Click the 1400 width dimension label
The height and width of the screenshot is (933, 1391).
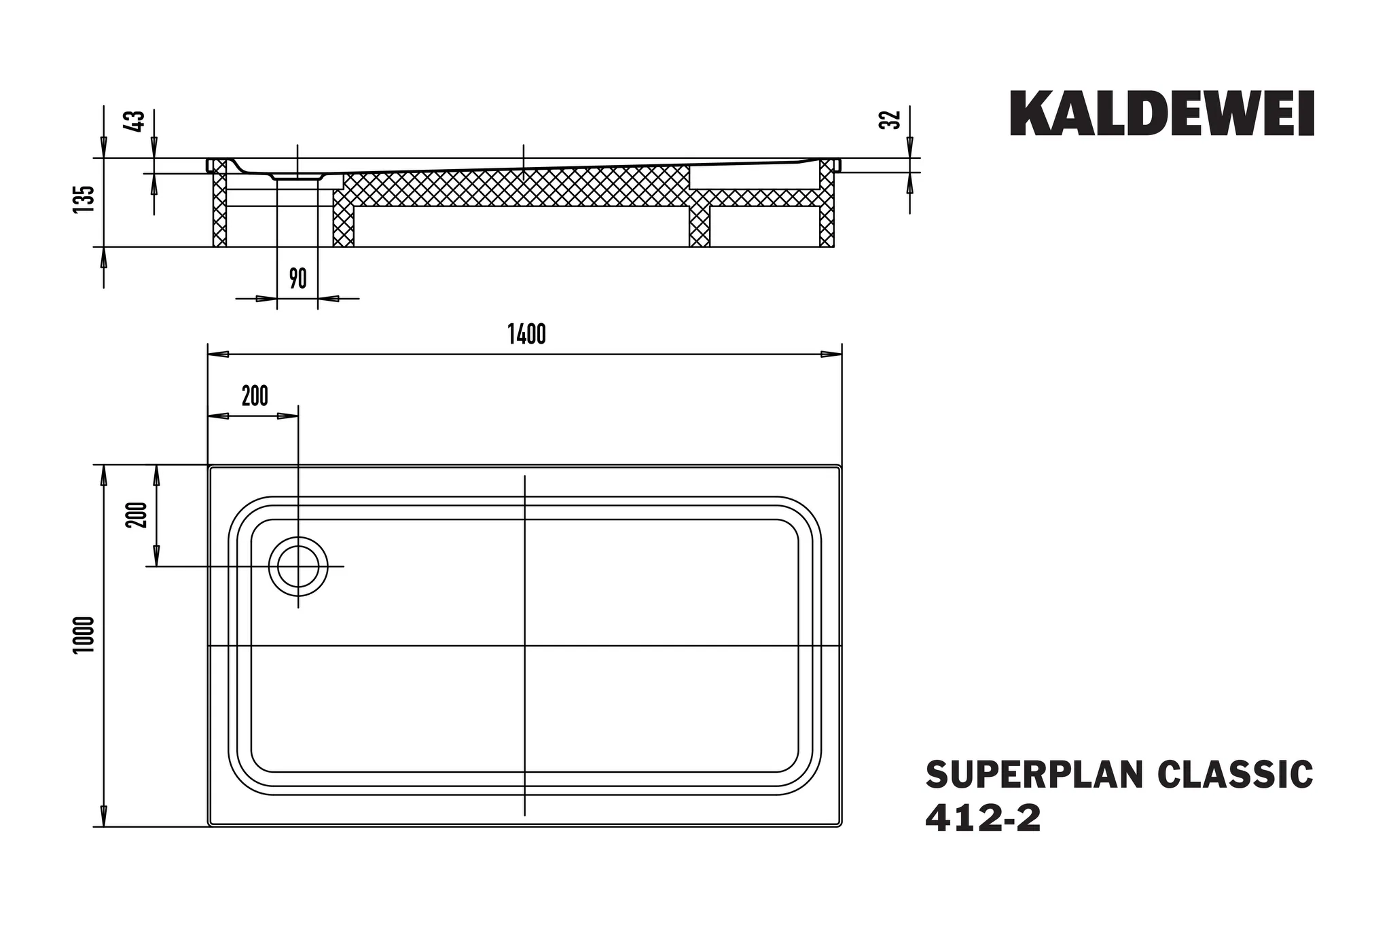(526, 335)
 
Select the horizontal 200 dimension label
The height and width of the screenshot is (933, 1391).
(255, 395)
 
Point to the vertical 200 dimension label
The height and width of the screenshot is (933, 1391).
(137, 515)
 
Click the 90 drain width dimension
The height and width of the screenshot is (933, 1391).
(297, 278)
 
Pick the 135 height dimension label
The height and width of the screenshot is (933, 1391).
(83, 198)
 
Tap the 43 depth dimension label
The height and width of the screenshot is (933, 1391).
(136, 120)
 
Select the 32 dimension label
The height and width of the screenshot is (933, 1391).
(893, 120)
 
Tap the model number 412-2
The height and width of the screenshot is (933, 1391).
(983, 819)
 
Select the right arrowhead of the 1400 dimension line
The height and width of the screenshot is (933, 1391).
(832, 354)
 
